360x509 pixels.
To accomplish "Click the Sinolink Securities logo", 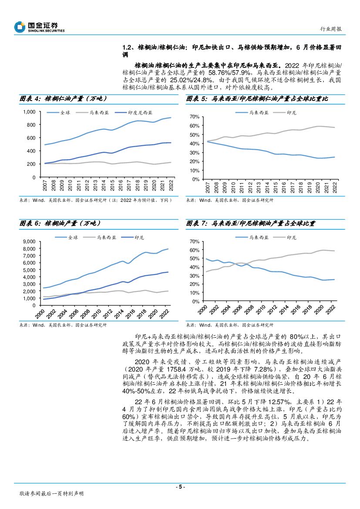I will pyautogui.click(x=39, y=27).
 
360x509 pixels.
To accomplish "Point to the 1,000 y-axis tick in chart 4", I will pyautogui.click(x=28, y=112).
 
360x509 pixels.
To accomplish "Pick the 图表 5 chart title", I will pyautogui.click(x=257, y=99).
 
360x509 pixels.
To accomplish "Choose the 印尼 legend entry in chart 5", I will pyautogui.click(x=291, y=113).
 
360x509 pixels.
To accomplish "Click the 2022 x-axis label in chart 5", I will pyautogui.click(x=334, y=188).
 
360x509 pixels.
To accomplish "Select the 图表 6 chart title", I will pyautogui.click(x=61, y=223).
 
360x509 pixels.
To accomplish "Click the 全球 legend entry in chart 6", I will pyautogui.click(x=73, y=238).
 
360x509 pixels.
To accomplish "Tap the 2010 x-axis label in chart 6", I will pyautogui.click(x=100, y=311).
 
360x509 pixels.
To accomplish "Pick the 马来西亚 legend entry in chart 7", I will pyautogui.click(x=259, y=238).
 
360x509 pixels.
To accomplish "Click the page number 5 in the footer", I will pyautogui.click(x=180, y=486).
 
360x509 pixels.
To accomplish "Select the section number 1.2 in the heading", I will pyautogui.click(x=127, y=47).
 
